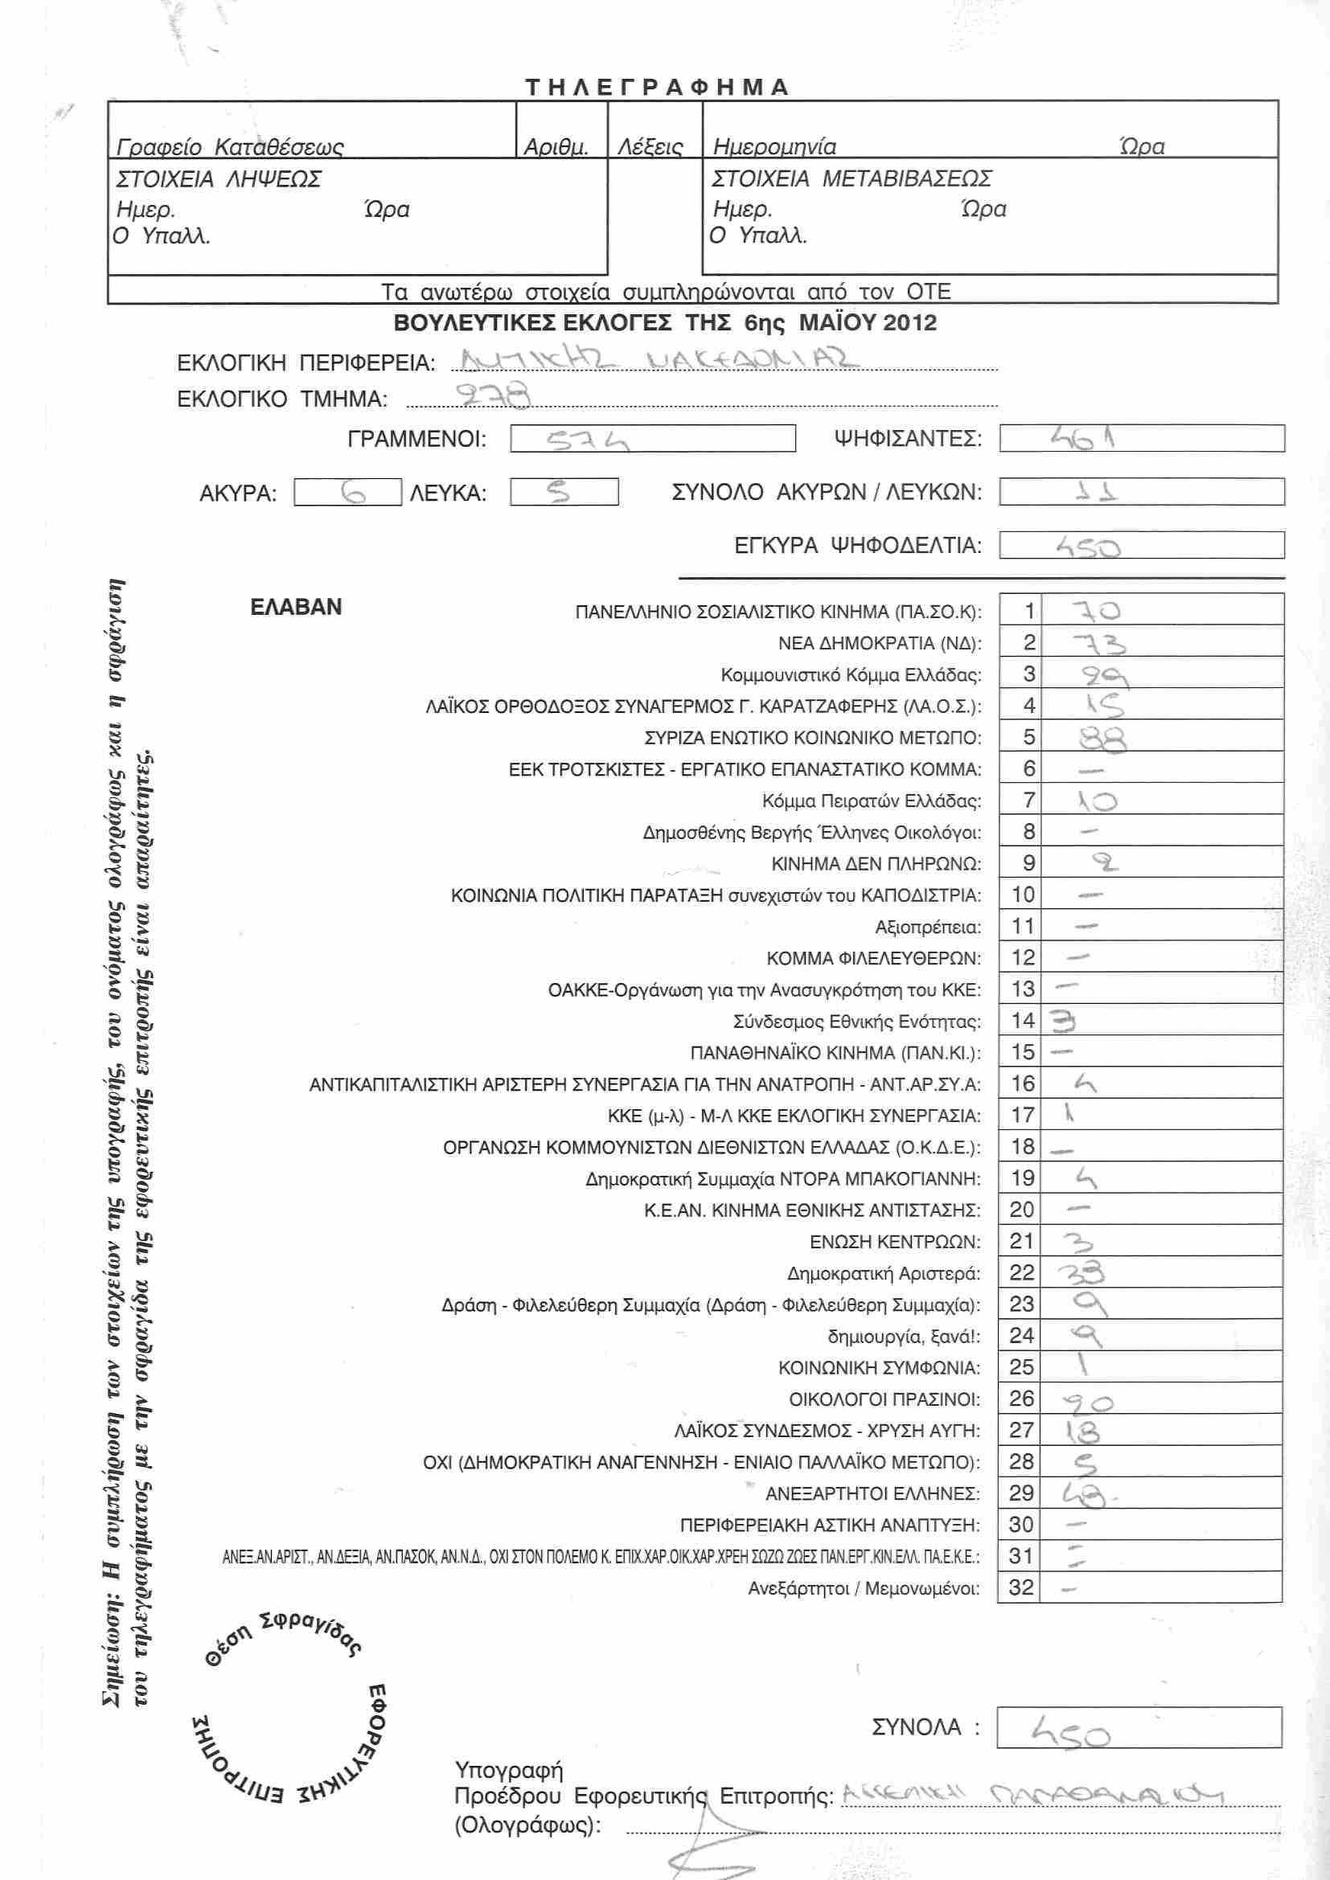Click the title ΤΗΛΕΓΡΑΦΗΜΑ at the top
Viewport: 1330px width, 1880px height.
pyautogui.click(x=657, y=88)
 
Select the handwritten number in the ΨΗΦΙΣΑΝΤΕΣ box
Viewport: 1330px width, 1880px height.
pyautogui.click(x=1082, y=439)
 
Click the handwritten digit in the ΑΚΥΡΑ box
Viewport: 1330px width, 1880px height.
pyautogui.click(x=353, y=493)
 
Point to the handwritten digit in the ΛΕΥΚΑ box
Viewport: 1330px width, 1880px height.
pyautogui.click(x=559, y=492)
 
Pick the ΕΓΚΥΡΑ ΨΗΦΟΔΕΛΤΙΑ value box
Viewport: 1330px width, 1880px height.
pyautogui.click(x=1141, y=545)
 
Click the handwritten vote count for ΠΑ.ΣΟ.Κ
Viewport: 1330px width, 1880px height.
pyautogui.click(x=1096, y=611)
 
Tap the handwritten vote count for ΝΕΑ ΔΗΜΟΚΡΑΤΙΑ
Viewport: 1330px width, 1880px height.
pyautogui.click(x=1099, y=644)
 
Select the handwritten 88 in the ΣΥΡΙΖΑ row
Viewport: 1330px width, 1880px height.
pyautogui.click(x=1102, y=739)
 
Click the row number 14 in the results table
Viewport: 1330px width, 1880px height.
pyautogui.click(x=1023, y=1020)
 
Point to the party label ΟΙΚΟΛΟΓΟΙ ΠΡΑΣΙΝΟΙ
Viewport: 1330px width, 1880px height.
pyautogui.click(x=884, y=1399)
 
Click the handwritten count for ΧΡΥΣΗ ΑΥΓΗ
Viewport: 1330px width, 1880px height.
pyautogui.click(x=1082, y=1432)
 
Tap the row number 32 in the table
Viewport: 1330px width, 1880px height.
pyautogui.click(x=1021, y=1587)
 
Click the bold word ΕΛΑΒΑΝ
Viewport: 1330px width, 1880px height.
pyautogui.click(x=296, y=607)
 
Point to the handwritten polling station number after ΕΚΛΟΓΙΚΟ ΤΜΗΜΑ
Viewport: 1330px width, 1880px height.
pyautogui.click(x=493, y=395)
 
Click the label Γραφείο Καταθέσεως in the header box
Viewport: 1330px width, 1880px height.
pyautogui.click(x=230, y=147)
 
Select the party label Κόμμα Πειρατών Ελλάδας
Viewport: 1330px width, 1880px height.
pyautogui.click(x=871, y=801)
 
